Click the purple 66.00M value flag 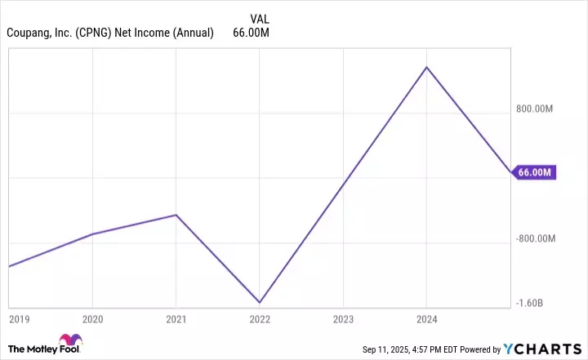[535, 172]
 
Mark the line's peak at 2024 [427, 67]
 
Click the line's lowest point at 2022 [260, 303]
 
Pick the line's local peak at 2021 [176, 215]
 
